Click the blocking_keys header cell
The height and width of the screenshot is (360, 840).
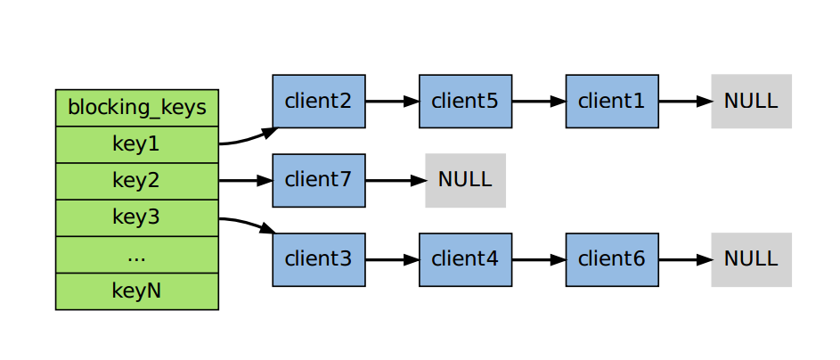[137, 108]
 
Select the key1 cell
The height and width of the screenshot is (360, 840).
[137, 144]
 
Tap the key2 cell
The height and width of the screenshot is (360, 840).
[137, 181]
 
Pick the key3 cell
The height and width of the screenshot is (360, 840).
[137, 218]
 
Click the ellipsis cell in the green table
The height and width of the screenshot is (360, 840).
[137, 255]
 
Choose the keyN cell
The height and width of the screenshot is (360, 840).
[137, 291]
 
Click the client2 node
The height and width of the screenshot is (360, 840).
[319, 102]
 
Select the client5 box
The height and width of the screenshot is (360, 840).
[466, 102]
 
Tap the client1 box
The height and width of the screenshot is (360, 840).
[612, 102]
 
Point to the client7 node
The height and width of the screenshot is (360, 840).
[319, 181]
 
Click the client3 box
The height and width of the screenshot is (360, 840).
[319, 260]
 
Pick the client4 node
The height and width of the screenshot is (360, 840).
[466, 260]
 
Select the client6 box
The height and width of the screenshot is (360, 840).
[612, 260]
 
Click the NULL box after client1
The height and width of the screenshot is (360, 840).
[752, 102]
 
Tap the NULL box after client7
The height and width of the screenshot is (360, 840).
[466, 181]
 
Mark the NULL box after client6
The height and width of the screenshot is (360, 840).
[752, 260]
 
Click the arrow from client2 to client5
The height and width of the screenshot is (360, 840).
[392, 102]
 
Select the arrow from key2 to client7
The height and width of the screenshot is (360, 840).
[245, 181]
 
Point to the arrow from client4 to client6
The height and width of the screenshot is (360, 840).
[539, 260]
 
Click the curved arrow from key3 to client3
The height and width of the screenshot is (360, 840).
[248, 223]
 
